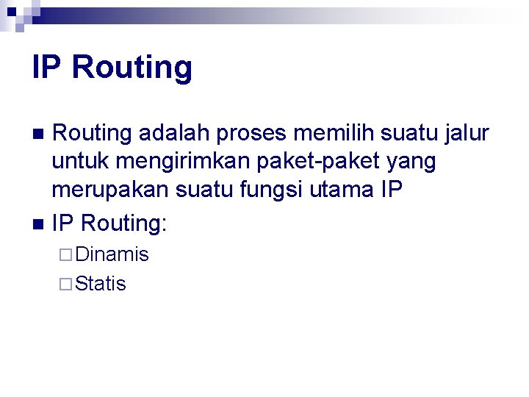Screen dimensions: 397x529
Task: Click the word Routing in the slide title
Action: coord(132,68)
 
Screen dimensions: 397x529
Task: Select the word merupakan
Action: coord(110,190)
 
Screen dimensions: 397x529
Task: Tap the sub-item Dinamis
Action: coord(112,254)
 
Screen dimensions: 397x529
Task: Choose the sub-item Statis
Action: coord(101,284)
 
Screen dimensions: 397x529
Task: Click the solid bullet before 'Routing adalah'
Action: coord(40,135)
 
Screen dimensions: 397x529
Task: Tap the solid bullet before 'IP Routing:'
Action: coord(40,223)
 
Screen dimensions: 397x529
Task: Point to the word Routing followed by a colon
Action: coord(124,221)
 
